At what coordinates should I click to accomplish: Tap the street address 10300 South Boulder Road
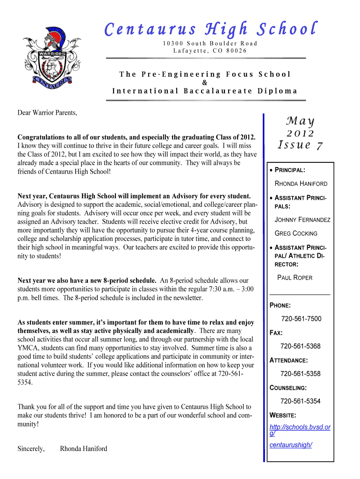tap(210, 44)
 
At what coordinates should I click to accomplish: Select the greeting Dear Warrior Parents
tap(47, 113)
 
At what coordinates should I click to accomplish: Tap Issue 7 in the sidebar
tap(300, 145)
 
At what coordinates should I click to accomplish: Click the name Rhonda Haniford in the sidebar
tap(301, 183)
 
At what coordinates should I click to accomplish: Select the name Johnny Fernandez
tap(302, 219)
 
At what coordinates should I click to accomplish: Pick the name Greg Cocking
tap(296, 233)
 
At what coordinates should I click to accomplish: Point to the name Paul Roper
tap(295, 277)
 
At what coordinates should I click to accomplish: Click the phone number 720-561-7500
tap(301, 319)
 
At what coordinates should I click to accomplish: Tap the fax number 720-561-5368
tap(300, 346)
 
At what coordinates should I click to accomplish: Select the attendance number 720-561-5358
tap(300, 374)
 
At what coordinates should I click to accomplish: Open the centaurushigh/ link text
tap(291, 445)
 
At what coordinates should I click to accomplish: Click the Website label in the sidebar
tap(283, 415)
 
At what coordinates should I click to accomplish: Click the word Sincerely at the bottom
tap(31, 449)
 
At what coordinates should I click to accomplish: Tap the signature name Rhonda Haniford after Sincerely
tap(84, 449)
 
